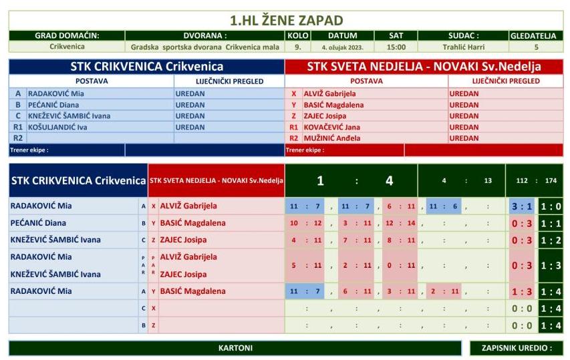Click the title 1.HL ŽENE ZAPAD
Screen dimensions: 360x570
285,20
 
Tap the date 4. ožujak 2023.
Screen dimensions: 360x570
343,47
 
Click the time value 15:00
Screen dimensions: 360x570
396,47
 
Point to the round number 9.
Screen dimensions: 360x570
297,47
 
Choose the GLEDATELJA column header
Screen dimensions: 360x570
536,35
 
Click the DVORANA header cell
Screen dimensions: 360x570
204,35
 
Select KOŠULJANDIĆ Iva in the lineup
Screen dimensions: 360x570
57,127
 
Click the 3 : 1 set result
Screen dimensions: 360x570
521,206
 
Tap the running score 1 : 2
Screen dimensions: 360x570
551,240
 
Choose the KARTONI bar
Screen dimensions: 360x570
235,348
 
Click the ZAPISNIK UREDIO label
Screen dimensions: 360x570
517,348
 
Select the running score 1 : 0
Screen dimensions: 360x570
551,206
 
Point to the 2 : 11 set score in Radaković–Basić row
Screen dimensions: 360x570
445,291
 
